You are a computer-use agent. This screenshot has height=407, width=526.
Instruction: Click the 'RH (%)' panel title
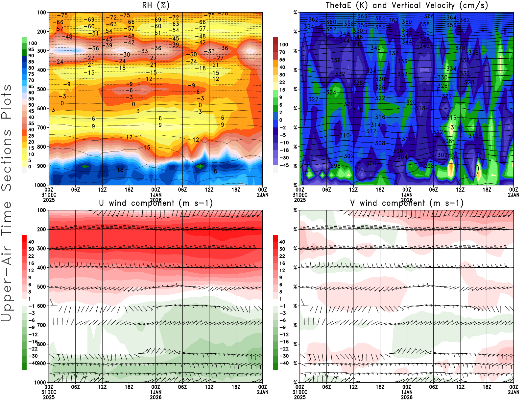click(156, 5)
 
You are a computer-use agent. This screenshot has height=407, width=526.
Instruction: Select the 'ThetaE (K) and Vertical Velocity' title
click(407, 5)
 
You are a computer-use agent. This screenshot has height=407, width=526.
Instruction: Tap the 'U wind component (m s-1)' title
click(156, 203)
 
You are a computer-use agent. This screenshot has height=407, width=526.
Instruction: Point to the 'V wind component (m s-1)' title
click(407, 203)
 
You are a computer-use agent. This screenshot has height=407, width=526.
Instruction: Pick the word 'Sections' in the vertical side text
click(7, 160)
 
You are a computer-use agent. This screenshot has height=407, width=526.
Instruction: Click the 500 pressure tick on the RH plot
click(41, 89)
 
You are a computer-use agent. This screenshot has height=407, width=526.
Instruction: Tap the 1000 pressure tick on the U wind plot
click(40, 382)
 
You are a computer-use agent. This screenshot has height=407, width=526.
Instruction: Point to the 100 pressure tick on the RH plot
click(41, 13)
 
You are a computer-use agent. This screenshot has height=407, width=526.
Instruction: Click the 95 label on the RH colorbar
click(31, 49)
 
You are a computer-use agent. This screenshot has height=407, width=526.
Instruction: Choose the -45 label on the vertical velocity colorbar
click(284, 165)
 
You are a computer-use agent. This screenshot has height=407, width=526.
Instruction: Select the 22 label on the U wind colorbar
click(31, 256)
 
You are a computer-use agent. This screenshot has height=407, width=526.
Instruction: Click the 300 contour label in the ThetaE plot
click(371, 163)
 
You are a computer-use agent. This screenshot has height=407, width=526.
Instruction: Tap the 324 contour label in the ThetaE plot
click(331, 93)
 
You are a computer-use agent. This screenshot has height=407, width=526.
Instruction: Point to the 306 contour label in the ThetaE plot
click(398, 151)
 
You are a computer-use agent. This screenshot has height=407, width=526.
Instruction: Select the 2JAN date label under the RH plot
click(262, 195)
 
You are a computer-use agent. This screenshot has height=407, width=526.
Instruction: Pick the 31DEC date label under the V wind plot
click(299, 392)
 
